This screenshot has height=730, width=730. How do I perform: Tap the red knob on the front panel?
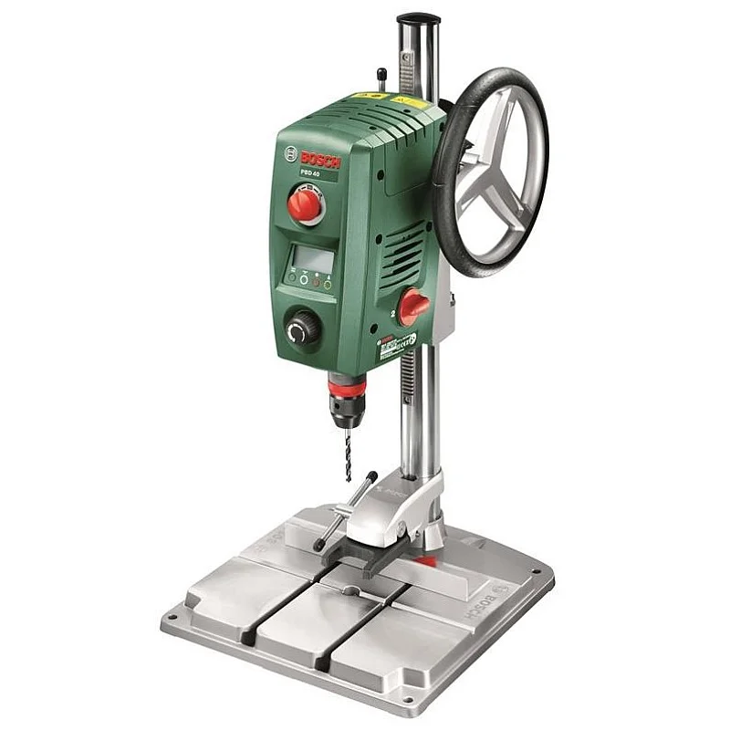pyautogui.click(x=306, y=204)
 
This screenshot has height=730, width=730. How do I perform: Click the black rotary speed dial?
pyautogui.click(x=302, y=329)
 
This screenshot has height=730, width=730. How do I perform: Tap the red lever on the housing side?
pyautogui.click(x=413, y=306)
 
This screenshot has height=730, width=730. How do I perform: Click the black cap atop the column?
pyautogui.click(x=418, y=19)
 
